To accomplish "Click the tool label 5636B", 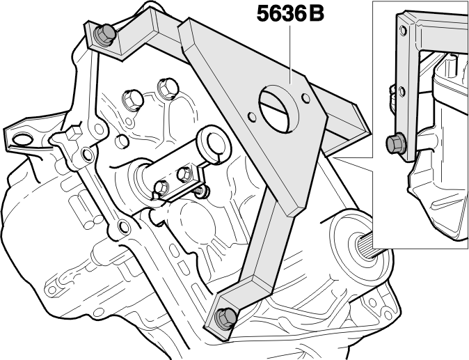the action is point(290,14).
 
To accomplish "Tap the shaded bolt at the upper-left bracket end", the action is point(104,35).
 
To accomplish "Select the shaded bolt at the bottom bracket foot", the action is point(226,317).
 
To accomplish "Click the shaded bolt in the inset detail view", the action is point(396,143).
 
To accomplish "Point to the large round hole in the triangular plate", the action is point(279,109).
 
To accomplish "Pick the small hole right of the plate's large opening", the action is point(305,97).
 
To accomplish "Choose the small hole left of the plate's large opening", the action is point(252,117).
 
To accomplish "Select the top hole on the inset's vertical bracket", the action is point(403,31).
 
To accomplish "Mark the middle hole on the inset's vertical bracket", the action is point(402,91).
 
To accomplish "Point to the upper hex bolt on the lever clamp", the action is point(184,174).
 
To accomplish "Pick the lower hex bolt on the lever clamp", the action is point(161,187).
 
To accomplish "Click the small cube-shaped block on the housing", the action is point(74,133).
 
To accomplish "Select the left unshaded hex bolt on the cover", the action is point(132,100).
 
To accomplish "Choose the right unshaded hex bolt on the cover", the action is point(168,88).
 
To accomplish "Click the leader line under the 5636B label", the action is point(290,54).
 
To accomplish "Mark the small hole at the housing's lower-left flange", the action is point(52,290).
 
